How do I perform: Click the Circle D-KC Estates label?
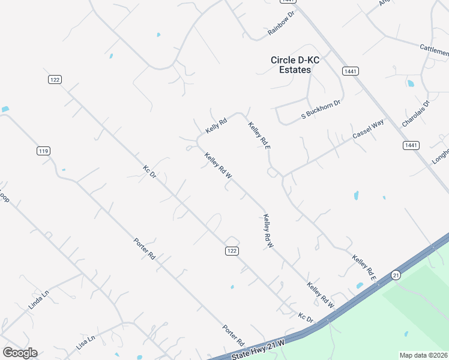click(291, 65)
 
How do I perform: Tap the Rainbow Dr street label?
click(282, 23)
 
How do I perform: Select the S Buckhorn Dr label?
click(321, 109)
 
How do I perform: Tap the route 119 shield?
click(43, 151)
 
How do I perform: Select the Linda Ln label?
click(37, 301)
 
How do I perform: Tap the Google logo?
click(20, 353)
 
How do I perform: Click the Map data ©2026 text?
click(424, 355)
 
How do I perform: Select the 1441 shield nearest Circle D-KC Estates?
click(351, 71)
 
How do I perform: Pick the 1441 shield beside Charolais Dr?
click(412, 145)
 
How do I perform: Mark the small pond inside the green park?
click(406, 334)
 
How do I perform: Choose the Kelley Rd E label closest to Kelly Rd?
click(259, 134)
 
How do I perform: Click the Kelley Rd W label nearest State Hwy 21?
click(320, 295)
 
